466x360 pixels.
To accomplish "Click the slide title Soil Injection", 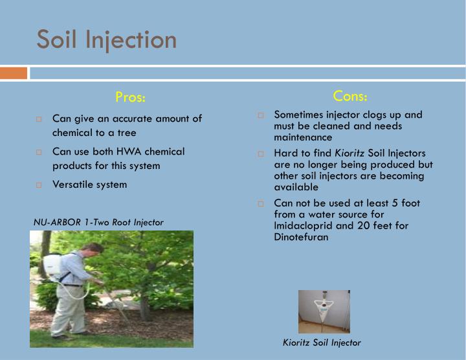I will pyautogui.click(x=107, y=39).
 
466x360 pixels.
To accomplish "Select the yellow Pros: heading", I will pyautogui.click(x=131, y=97).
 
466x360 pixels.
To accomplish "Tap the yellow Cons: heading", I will pyautogui.click(x=350, y=96).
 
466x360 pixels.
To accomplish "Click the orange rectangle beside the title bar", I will pyautogui.click(x=14, y=73).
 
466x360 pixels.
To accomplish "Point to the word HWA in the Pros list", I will pyautogui.click(x=128, y=152).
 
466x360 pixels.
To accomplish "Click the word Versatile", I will pyautogui.click(x=72, y=185).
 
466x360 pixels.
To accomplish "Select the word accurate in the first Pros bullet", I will pyautogui.click(x=124, y=118).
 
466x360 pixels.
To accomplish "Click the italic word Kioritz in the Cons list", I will pyautogui.click(x=349, y=153).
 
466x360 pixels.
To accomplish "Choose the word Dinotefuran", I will pyautogui.click(x=301, y=237).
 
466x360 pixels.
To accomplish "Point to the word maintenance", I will pyautogui.click(x=303, y=137).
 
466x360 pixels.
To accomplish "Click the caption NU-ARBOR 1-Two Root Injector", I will pyautogui.click(x=98, y=222).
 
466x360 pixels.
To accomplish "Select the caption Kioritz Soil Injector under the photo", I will pyautogui.click(x=322, y=343).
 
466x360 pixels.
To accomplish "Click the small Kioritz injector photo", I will pyautogui.click(x=324, y=311).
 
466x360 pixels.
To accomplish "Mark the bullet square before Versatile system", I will pyautogui.click(x=39, y=185).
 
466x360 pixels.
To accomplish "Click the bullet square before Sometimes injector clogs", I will pyautogui.click(x=261, y=115).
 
